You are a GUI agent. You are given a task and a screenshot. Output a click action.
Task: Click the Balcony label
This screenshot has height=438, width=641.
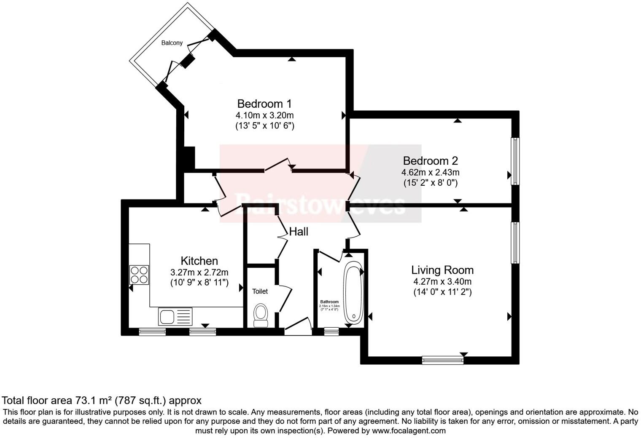[172, 43]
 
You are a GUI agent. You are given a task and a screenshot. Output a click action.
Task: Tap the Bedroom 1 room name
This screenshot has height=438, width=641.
[264, 104]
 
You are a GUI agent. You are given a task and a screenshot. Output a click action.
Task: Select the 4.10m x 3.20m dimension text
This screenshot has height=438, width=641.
[264, 115]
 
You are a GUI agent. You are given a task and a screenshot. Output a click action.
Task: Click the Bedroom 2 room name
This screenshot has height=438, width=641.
[430, 160]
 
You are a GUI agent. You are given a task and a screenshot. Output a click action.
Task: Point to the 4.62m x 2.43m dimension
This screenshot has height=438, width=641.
[430, 172]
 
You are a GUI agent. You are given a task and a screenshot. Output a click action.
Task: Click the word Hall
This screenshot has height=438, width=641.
[299, 232]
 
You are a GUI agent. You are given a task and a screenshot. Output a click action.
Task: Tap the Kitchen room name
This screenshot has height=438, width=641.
[199, 261]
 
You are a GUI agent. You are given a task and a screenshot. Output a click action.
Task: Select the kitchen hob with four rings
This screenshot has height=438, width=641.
[139, 275]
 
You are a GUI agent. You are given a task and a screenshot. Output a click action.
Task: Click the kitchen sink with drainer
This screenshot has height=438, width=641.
[175, 316]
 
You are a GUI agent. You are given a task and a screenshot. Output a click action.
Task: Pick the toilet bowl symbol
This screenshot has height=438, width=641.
[261, 315]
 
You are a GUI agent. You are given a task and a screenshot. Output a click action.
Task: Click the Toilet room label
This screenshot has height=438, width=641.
[260, 291]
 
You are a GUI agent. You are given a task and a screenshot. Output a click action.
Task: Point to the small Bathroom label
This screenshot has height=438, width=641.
[329, 302]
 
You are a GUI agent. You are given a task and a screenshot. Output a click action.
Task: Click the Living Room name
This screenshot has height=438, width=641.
[442, 270]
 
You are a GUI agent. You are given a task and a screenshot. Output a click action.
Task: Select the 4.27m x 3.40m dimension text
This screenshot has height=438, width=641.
[442, 281]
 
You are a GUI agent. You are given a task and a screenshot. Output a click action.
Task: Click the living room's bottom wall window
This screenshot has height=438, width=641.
[442, 360]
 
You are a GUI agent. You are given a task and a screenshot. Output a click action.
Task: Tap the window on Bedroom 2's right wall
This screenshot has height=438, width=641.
[515, 161]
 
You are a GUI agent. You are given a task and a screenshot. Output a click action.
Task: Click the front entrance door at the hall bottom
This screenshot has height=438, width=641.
[298, 328]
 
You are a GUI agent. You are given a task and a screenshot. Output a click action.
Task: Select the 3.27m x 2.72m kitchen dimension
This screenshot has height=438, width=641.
[199, 272]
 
